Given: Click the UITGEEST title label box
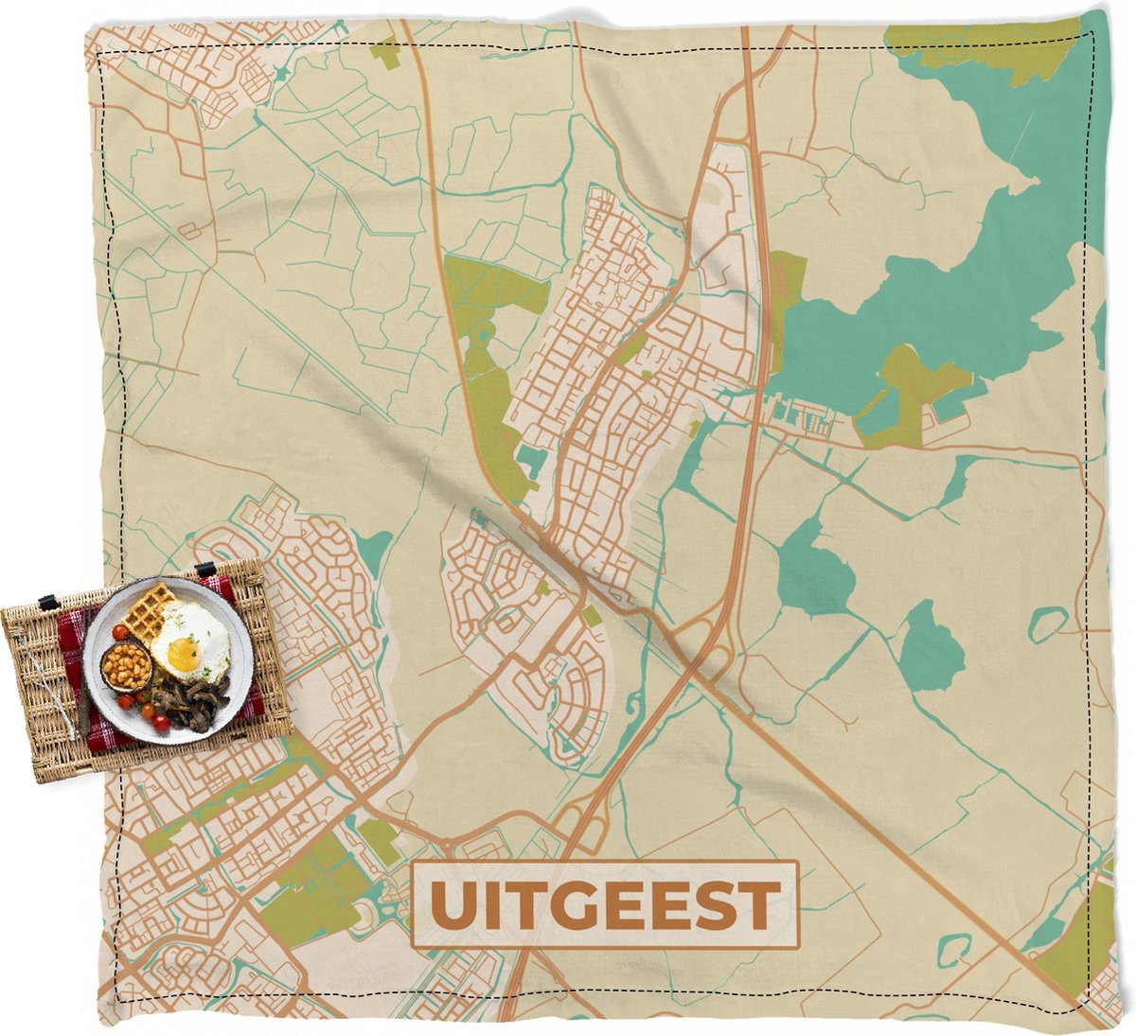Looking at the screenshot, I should click(606, 904).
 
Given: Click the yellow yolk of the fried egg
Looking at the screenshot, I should click(183, 652).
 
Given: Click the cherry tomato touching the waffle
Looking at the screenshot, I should click(119, 631).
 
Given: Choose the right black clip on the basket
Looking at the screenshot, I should click(205, 569).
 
